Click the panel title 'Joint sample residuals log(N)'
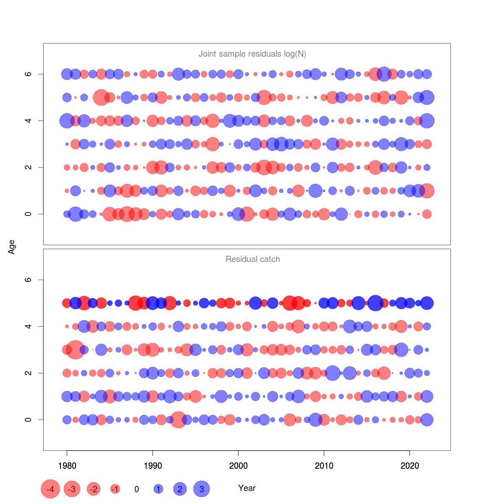252,54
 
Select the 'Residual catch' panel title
252,259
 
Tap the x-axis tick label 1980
67,465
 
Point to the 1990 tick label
152,465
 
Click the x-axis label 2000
238,465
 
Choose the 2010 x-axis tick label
324,465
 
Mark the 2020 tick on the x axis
409,465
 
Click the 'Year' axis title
247,488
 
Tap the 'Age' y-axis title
12,247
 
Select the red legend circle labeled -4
50,489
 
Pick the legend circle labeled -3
72,489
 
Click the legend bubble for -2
94,489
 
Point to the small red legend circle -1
115,489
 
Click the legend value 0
136,489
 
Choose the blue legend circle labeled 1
158,489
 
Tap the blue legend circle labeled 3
202,489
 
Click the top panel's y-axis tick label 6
29,74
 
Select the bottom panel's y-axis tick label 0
29,420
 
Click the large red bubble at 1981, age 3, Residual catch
76,349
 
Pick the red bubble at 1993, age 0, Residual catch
178,420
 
